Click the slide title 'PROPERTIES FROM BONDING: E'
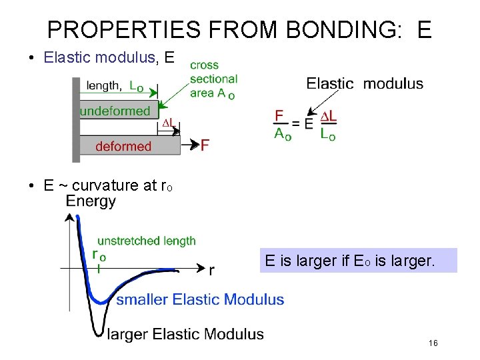(x=239, y=29)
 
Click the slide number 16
(x=433, y=343)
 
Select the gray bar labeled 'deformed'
(x=127, y=146)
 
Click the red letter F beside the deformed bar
(x=205, y=145)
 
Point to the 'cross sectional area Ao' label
(x=213, y=79)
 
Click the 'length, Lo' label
(x=114, y=85)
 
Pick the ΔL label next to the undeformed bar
(x=169, y=123)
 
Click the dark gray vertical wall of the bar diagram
(x=76, y=119)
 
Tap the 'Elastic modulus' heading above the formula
(x=364, y=83)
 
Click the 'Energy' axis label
(x=91, y=201)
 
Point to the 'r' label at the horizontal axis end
(x=211, y=270)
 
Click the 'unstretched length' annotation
(x=147, y=241)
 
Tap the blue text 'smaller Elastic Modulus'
(x=200, y=300)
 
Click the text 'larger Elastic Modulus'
(x=185, y=334)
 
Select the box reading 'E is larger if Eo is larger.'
(x=359, y=261)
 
